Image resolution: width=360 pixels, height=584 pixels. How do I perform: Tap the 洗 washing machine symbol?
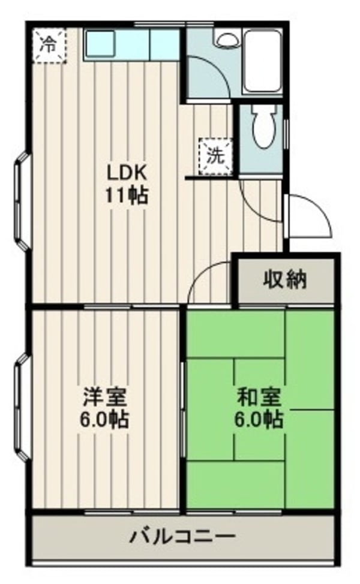(x=214, y=155)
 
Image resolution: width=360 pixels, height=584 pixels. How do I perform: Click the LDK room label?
(x=127, y=173)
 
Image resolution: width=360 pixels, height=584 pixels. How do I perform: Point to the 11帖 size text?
(x=127, y=196)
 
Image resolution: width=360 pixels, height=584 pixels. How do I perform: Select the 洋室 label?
(x=105, y=396)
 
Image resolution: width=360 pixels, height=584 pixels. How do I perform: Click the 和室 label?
(x=259, y=396)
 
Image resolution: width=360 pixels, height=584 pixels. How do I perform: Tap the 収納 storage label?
(x=284, y=279)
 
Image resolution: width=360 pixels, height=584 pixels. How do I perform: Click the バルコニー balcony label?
(x=183, y=535)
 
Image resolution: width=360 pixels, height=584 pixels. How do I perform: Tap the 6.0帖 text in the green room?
(x=259, y=419)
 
